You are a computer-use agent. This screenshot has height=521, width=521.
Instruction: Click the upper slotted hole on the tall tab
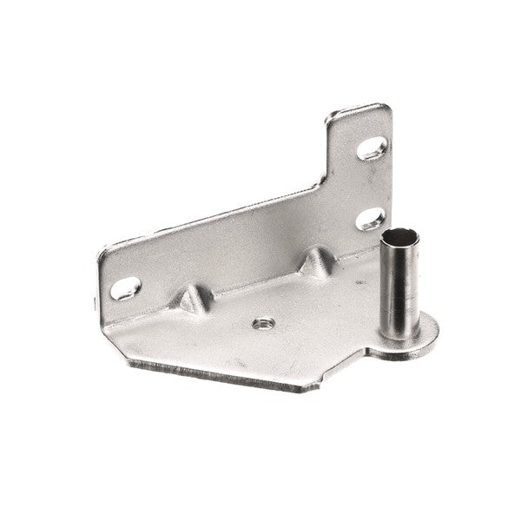[x=372, y=148]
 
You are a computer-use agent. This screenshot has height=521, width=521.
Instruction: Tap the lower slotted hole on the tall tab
[x=371, y=217]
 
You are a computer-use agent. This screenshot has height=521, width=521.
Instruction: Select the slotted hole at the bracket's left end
[x=126, y=287]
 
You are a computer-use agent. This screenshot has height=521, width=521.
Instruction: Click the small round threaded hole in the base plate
[x=263, y=324]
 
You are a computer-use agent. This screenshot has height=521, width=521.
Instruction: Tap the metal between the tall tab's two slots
[x=372, y=183]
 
